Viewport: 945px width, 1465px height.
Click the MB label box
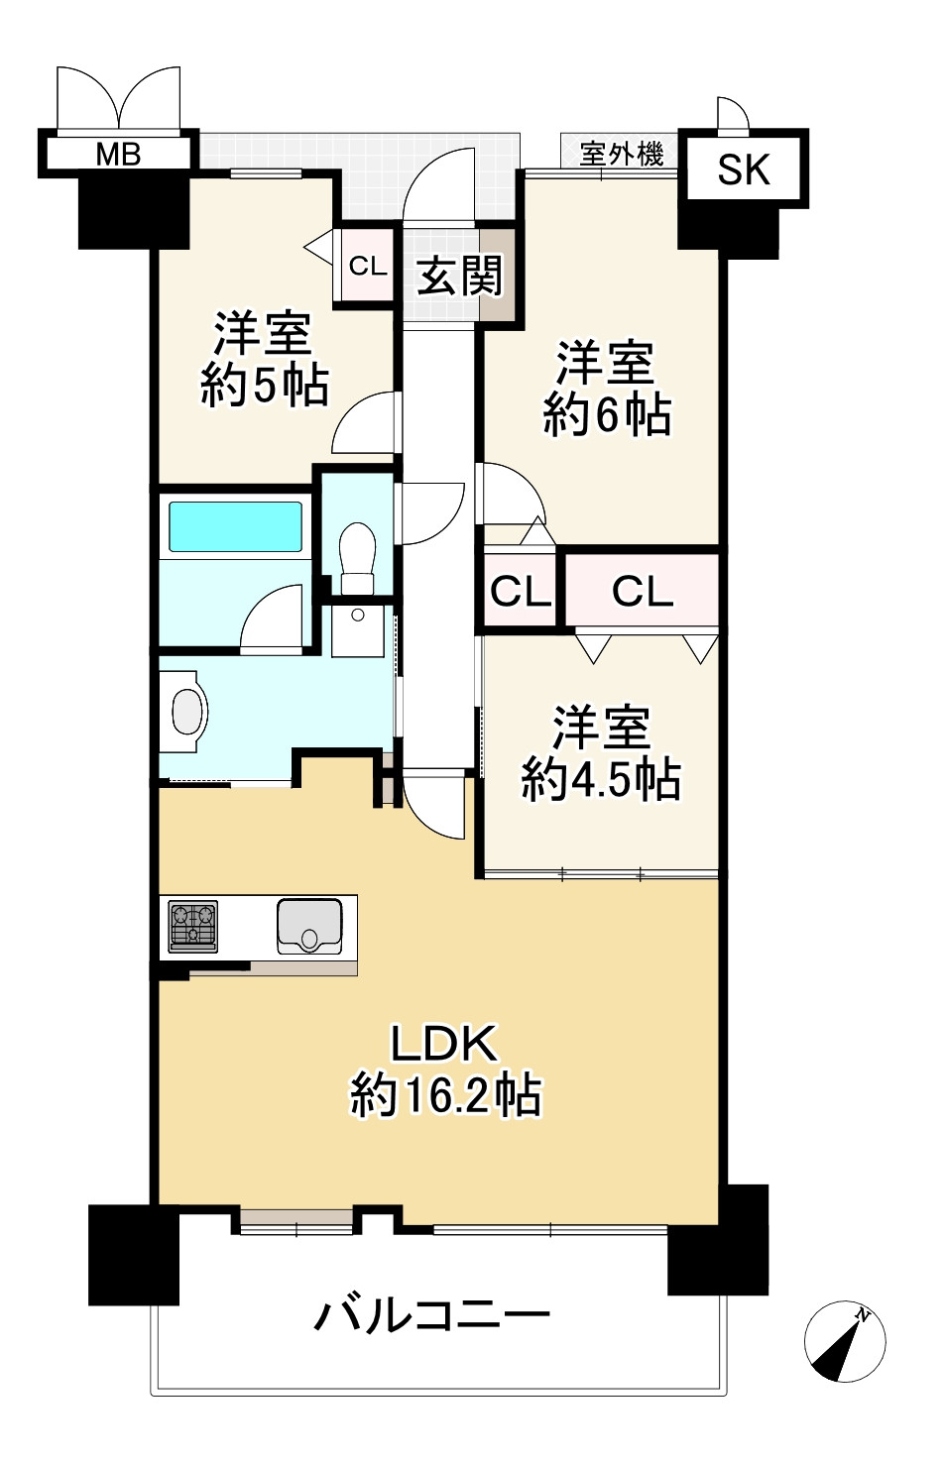tap(117, 154)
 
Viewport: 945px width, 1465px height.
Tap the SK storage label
tap(744, 169)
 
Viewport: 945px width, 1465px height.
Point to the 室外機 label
tap(621, 154)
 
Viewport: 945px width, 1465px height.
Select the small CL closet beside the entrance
tap(368, 266)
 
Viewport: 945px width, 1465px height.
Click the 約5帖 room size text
tap(265, 386)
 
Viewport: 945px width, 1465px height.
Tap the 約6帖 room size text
tap(607, 414)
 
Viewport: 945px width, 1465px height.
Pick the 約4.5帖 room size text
tap(601, 779)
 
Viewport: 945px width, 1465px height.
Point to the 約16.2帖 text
tap(445, 1095)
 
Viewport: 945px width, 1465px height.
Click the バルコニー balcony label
tap(432, 1315)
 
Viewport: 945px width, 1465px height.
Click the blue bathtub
tap(235, 525)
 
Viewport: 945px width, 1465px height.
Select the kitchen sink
tap(309, 927)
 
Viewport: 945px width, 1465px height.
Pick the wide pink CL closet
tap(642, 591)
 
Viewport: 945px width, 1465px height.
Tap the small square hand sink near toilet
tap(357, 631)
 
